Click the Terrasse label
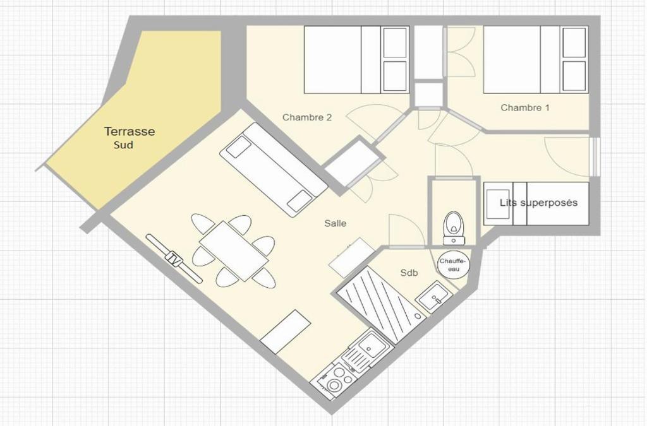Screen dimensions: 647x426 point(130,131)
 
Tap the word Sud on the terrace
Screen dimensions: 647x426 point(123,145)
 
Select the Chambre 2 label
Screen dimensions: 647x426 point(307,117)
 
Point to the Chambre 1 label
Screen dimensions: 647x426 point(525,107)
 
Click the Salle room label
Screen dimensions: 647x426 point(335,223)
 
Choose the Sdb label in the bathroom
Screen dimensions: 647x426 point(409,273)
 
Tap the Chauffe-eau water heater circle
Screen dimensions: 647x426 point(453,264)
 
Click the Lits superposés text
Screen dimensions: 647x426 point(538,203)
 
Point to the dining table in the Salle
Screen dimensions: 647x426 point(234,251)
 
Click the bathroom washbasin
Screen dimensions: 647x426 point(433,297)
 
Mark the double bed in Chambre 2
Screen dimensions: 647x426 point(356,60)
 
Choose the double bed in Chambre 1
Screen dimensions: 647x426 point(536,60)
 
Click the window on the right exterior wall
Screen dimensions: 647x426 point(594,157)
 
